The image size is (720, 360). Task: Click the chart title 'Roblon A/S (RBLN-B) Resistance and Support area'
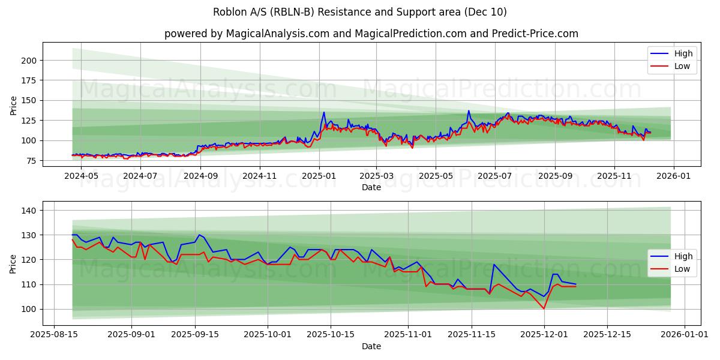[359, 12]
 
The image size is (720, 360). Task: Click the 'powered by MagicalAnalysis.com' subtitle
[371, 34]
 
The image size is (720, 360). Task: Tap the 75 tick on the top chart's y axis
[32, 161]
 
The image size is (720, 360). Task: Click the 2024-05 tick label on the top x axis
[81, 176]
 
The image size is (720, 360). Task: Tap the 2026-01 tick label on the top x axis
[674, 176]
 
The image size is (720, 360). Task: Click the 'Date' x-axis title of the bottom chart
[371, 346]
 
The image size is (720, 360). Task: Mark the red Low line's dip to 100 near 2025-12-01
[544, 308]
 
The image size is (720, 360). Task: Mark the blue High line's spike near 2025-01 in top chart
[324, 112]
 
